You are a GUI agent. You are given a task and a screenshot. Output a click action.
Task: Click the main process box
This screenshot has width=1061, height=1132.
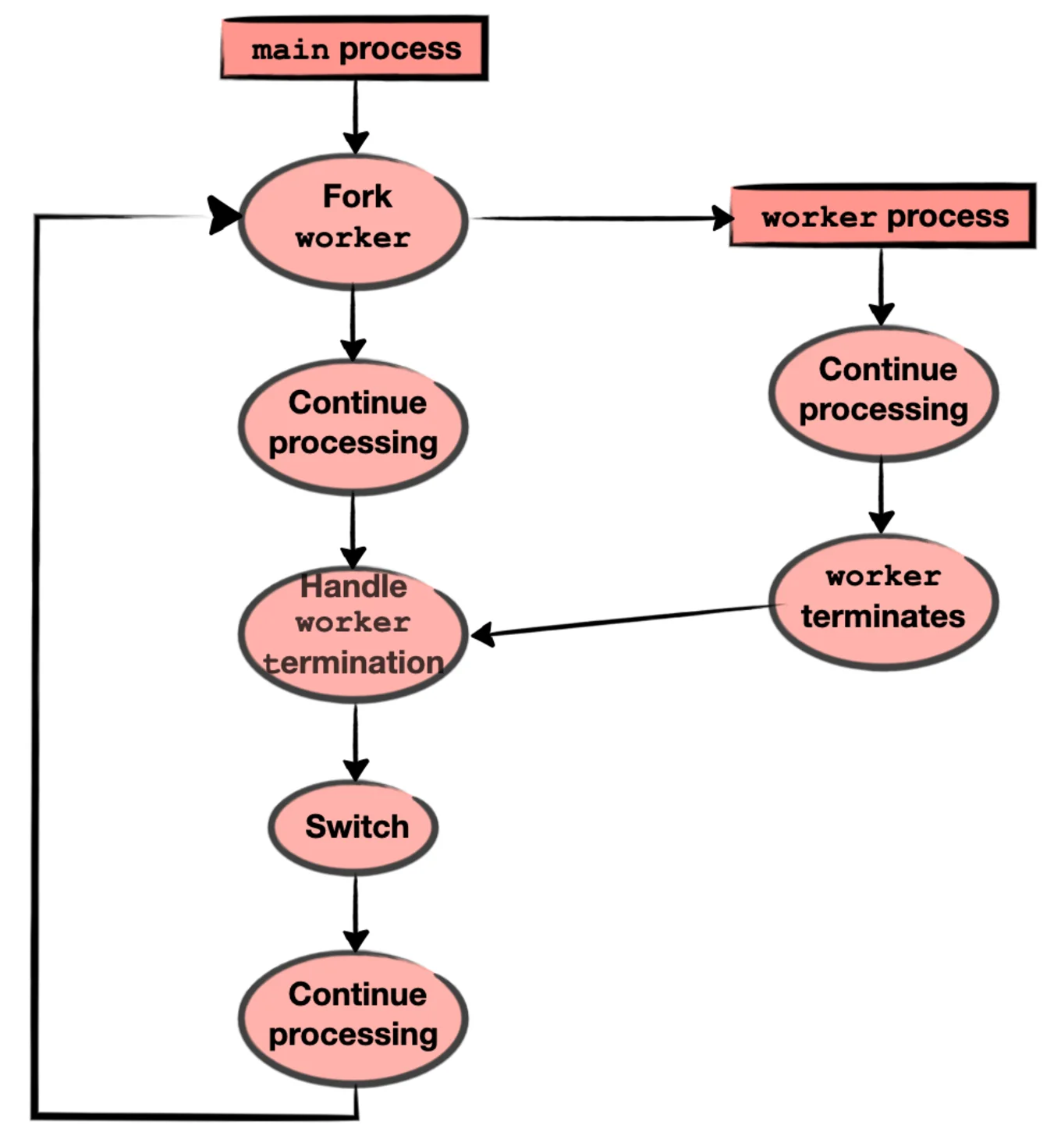click(355, 49)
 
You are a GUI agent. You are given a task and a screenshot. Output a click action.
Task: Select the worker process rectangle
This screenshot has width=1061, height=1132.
click(883, 217)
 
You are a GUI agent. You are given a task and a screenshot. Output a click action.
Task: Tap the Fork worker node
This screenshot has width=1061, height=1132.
click(353, 220)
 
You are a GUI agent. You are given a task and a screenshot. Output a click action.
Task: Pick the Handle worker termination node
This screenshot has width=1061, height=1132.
click(353, 633)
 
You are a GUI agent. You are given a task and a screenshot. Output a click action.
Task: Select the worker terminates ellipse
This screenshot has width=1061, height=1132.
click(883, 601)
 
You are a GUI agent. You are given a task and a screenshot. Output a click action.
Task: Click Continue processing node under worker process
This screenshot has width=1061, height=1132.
click(883, 392)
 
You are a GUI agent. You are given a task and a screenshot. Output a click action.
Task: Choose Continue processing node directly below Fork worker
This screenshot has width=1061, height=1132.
click(353, 425)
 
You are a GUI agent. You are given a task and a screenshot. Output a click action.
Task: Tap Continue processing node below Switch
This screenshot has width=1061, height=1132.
click(353, 1017)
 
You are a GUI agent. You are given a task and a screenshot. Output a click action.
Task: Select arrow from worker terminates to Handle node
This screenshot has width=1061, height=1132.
click(624, 620)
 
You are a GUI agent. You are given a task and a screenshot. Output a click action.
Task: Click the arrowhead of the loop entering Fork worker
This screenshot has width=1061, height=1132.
click(224, 215)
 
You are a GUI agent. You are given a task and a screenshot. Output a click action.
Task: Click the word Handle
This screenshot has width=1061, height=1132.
click(353, 587)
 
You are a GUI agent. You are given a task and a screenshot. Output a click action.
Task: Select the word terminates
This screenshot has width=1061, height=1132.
click(883, 616)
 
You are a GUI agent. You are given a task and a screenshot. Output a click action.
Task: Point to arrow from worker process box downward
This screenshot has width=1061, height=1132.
click(882, 285)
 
